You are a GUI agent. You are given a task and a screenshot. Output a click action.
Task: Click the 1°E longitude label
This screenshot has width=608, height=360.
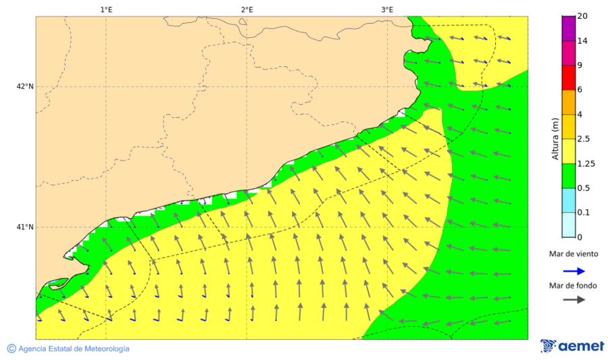pyautogui.click(x=106, y=9)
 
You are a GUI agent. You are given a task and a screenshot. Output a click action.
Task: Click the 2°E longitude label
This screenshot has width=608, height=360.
pyautogui.click(x=247, y=9)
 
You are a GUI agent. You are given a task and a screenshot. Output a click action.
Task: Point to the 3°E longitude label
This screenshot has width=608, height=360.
pyautogui.click(x=387, y=9)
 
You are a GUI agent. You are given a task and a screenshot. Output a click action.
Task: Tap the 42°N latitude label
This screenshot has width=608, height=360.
pyautogui.click(x=25, y=86)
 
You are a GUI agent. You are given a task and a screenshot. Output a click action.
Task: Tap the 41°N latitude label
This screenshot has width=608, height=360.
pyautogui.click(x=25, y=227)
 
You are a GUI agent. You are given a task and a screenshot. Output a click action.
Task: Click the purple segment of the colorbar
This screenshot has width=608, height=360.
pyautogui.click(x=568, y=28)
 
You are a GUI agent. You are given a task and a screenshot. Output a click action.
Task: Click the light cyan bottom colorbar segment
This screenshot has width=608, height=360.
pyautogui.click(x=568, y=224)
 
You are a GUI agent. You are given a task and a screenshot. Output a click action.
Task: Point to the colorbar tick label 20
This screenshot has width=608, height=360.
pyautogui.click(x=582, y=17)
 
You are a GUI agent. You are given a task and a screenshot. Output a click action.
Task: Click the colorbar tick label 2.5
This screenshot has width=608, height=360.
pyautogui.click(x=584, y=139)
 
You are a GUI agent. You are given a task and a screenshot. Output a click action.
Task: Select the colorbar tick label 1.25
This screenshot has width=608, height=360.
pyautogui.click(x=585, y=163)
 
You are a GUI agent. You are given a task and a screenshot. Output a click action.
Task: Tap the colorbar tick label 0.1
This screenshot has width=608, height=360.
pyautogui.click(x=584, y=213)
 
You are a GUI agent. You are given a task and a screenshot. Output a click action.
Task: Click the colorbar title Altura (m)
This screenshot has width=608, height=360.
pyautogui.click(x=555, y=138)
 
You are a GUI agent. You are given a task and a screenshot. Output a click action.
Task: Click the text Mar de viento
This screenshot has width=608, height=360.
pyautogui.click(x=574, y=254)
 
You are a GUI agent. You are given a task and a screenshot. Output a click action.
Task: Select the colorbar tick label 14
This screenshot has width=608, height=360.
pyautogui.click(x=582, y=41)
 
